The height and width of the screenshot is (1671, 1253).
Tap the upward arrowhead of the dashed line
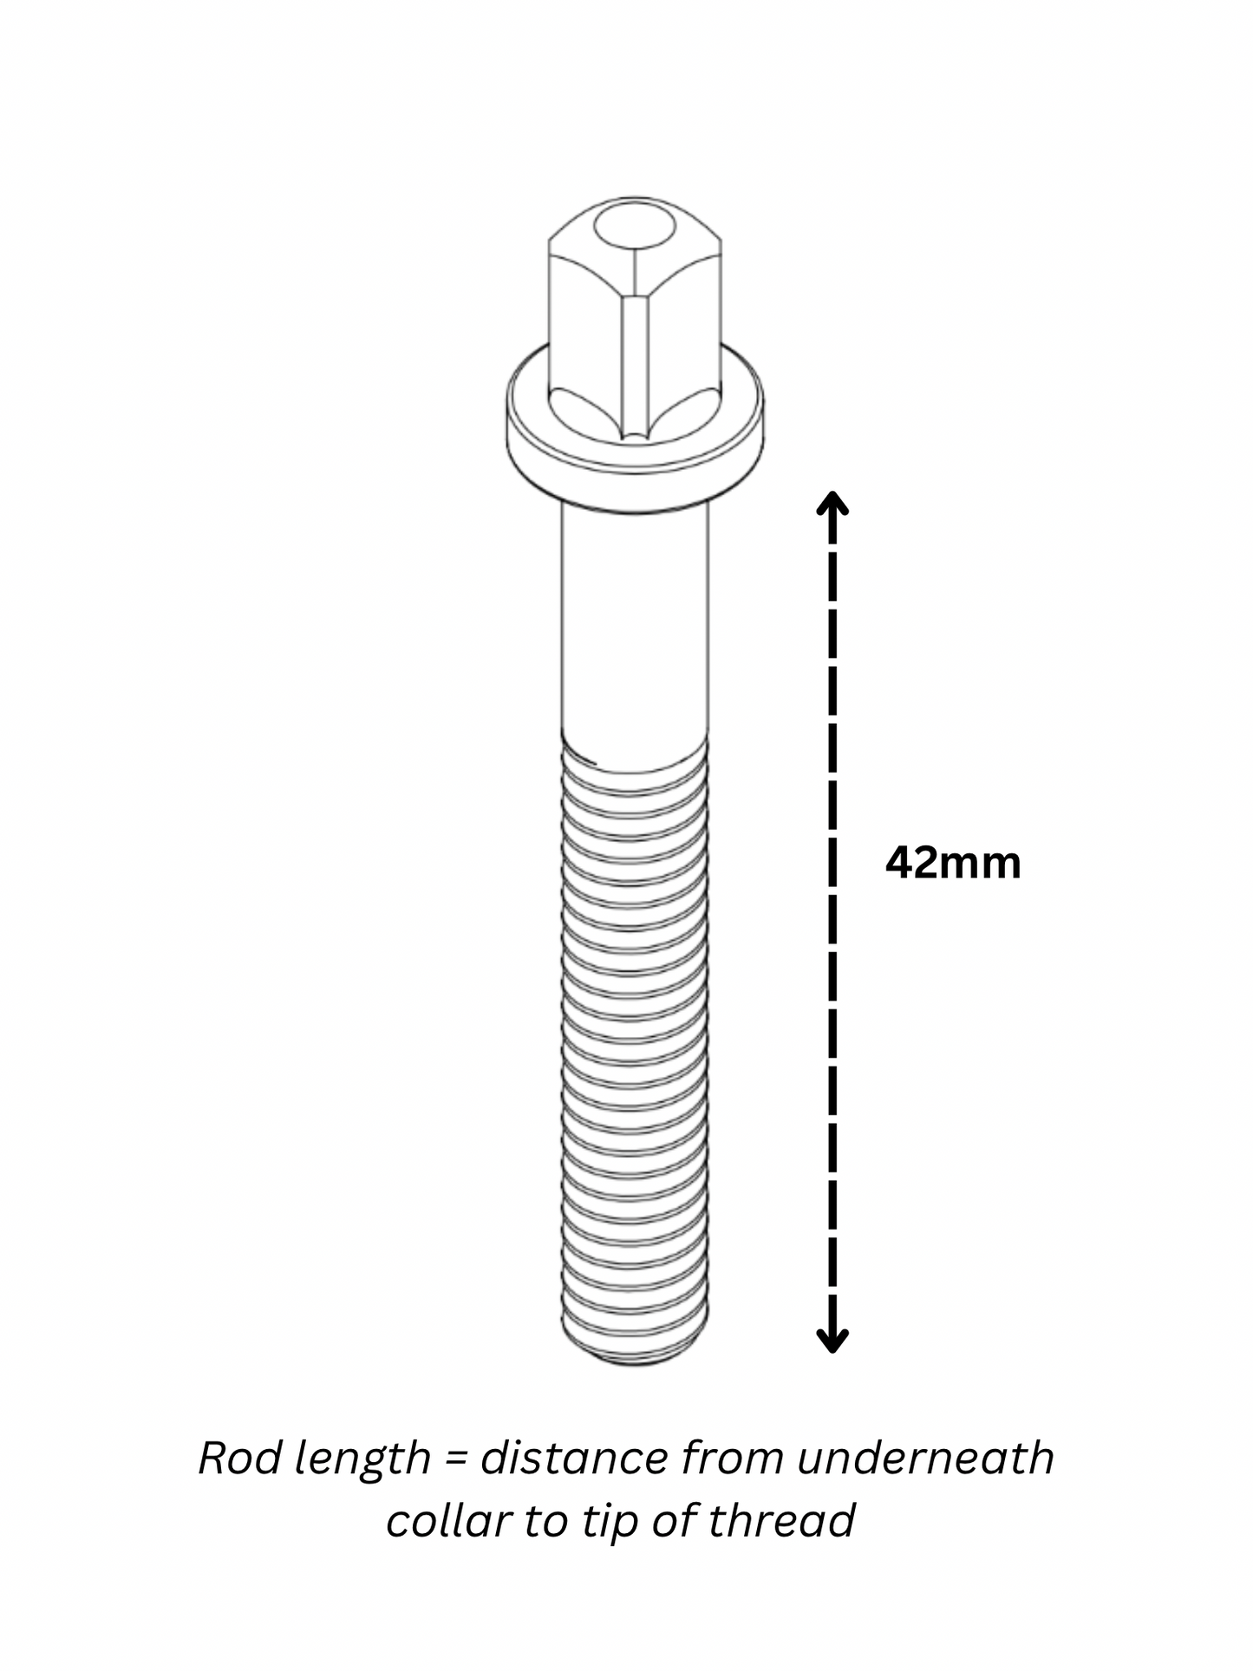(832, 502)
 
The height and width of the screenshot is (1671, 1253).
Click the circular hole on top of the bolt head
(634, 227)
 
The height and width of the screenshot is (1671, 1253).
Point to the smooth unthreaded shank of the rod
(634, 624)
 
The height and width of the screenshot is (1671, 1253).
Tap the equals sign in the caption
(455, 1459)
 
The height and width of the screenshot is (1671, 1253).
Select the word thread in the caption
(781, 1520)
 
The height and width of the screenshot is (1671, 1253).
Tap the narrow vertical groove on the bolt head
(634, 364)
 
